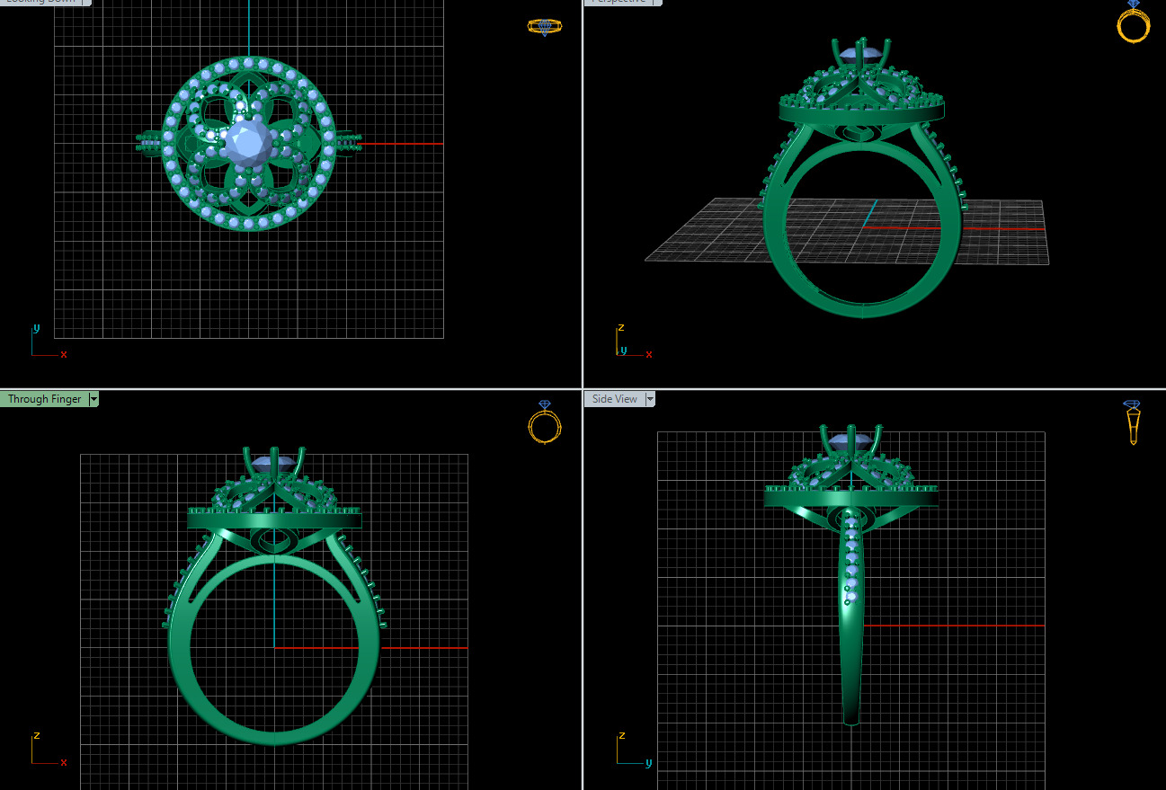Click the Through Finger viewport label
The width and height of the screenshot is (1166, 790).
pyautogui.click(x=44, y=399)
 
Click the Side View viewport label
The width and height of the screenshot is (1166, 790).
pyautogui.click(x=614, y=399)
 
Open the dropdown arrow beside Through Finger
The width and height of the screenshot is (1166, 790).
pyautogui.click(x=93, y=399)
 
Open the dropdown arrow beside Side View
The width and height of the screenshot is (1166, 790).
pyautogui.click(x=650, y=399)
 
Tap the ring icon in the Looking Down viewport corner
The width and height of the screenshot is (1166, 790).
pyautogui.click(x=544, y=27)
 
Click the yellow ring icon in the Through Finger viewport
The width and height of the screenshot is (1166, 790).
pyautogui.click(x=544, y=423)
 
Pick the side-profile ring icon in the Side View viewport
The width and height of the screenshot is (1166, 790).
pyautogui.click(x=1132, y=422)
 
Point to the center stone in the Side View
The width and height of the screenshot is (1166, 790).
pyautogui.click(x=849, y=441)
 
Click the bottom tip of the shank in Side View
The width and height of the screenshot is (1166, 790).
pyautogui.click(x=851, y=721)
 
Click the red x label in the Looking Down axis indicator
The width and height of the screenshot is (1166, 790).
pyautogui.click(x=64, y=355)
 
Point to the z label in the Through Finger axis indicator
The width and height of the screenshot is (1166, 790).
pyautogui.click(x=37, y=735)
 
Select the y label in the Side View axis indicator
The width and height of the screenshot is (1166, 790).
pyautogui.click(x=648, y=763)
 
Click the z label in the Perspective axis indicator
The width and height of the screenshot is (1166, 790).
pyautogui.click(x=620, y=328)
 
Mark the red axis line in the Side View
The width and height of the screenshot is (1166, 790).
pyautogui.click(x=953, y=625)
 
